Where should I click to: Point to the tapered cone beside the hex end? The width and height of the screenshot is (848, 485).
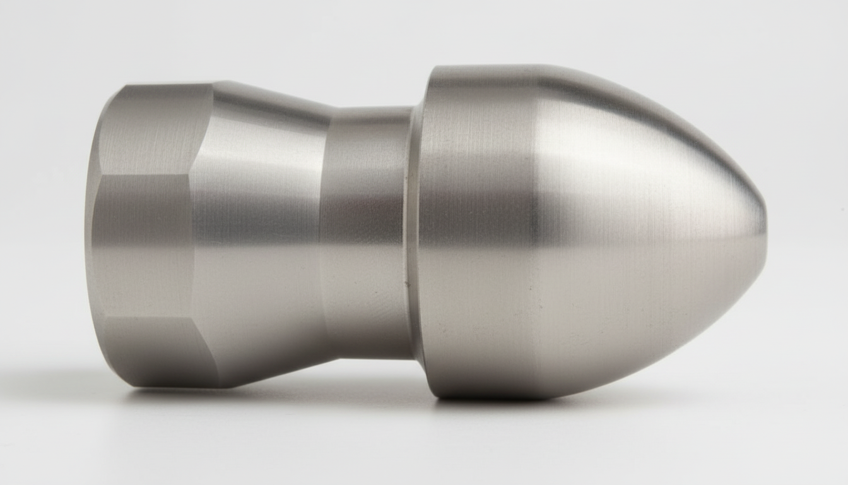pos(265,234)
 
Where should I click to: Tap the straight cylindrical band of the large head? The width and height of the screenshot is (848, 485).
pos(480,234)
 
